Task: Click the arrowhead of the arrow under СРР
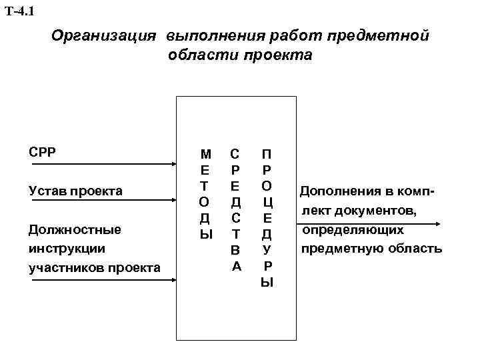pos(172,164)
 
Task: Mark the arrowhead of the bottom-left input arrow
pos(172,280)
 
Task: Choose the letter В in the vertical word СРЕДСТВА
pos(235,251)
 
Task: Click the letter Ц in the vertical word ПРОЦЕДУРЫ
pos(267,202)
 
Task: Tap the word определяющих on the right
pos(353,230)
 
